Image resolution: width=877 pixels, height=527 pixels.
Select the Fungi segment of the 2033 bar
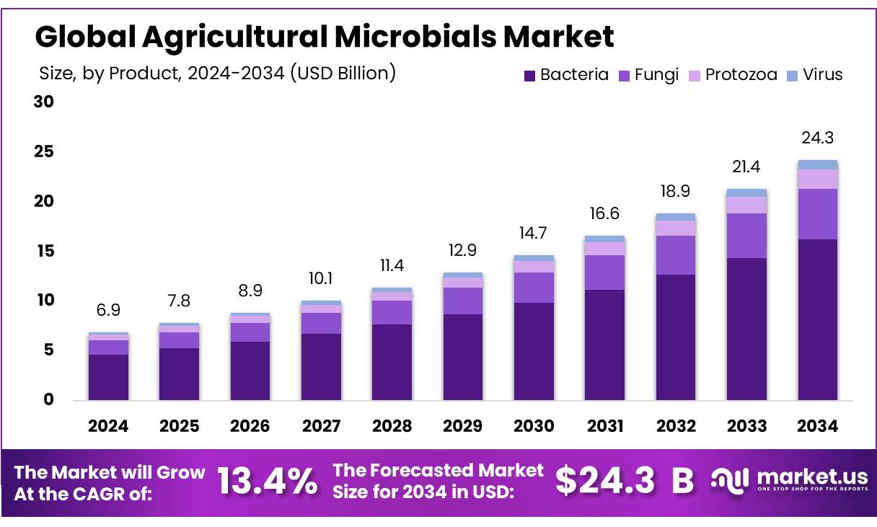[746, 236]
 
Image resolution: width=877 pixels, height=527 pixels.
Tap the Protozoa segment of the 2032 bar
[676, 228]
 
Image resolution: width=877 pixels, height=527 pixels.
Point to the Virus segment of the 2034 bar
[817, 164]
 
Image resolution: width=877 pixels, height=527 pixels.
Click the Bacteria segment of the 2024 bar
[108, 377]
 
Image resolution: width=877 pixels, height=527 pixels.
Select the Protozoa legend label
[741, 74]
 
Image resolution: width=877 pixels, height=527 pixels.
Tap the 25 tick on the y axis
[44, 152]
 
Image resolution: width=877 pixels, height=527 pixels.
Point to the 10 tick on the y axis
[44, 301]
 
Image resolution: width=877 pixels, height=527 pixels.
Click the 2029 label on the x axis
[463, 426]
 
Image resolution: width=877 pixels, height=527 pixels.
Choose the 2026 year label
[250, 426]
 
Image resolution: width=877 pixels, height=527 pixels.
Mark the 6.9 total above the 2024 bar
[108, 310]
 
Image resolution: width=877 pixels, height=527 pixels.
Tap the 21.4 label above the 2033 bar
[746, 167]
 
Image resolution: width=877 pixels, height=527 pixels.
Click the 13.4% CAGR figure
[267, 481]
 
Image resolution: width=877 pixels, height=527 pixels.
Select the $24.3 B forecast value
[625, 481]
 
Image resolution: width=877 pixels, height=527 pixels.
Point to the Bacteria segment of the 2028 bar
[392, 362]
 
